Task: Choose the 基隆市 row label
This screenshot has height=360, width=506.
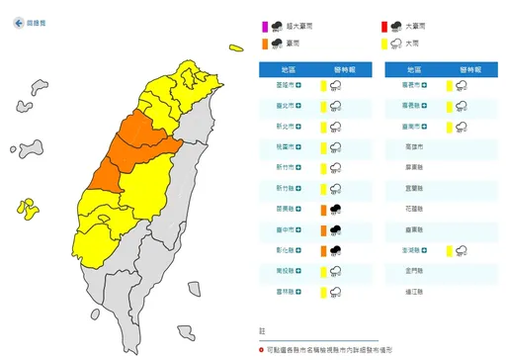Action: click(286, 86)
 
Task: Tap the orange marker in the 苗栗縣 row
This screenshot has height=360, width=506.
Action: click(323, 210)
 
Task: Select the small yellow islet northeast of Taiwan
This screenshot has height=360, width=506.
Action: click(235, 45)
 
